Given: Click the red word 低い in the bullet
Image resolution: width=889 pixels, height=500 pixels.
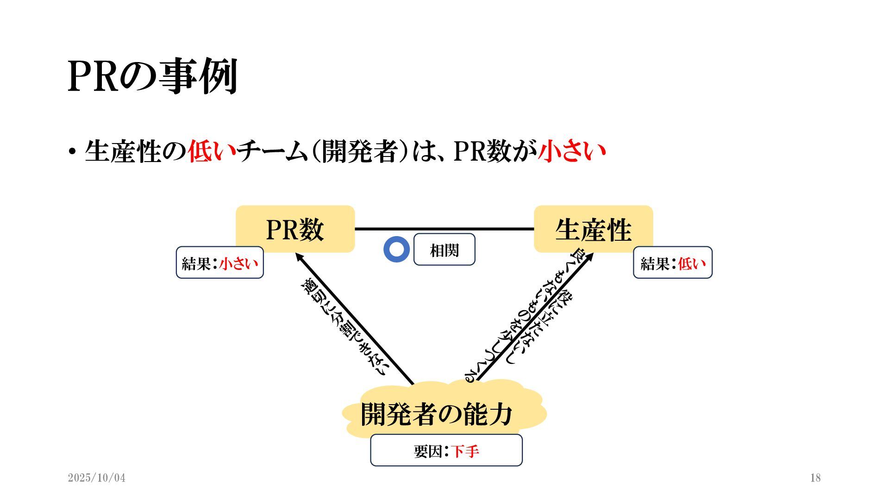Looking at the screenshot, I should point(212,151).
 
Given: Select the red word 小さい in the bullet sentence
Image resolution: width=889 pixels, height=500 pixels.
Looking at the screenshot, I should point(572,151).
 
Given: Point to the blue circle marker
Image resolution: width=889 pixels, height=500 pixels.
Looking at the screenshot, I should point(396,250).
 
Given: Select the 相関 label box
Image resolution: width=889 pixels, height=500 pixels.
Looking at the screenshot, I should point(444,250).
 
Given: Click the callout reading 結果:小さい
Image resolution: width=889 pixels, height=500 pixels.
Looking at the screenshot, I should point(219,263).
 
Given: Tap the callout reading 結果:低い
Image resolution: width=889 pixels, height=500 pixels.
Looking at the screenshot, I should point(672,263).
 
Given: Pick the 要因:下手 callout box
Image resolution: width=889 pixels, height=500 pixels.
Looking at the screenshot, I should point(446,450).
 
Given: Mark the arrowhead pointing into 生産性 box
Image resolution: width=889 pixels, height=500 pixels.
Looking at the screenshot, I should point(589,257).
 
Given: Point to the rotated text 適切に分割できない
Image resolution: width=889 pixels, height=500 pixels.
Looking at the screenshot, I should point(344,327).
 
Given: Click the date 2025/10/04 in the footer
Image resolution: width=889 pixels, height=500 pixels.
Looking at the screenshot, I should point(96,478).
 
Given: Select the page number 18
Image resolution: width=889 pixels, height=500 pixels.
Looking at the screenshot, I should point(815,478).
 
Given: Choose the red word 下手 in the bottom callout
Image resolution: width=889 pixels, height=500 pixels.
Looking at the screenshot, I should point(465,451).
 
